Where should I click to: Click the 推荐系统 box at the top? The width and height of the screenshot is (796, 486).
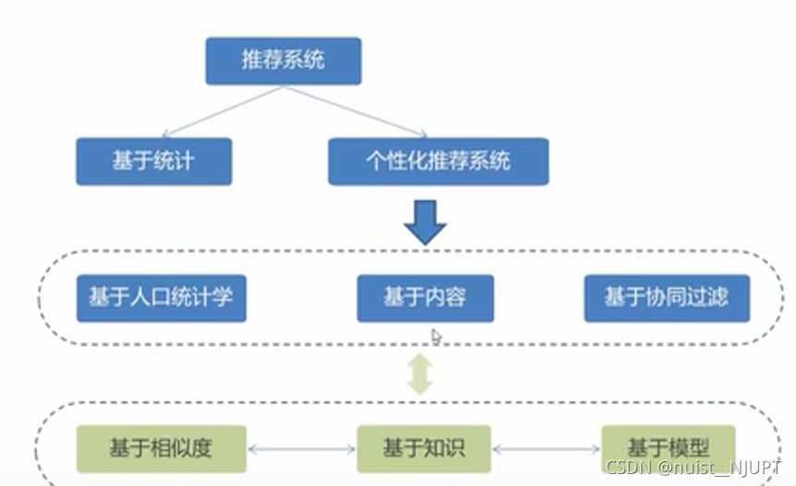[283, 61]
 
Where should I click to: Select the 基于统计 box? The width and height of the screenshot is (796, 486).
[153, 161]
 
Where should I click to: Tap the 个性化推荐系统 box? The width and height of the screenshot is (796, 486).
[438, 161]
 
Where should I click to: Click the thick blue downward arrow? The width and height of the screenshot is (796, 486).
[426, 221]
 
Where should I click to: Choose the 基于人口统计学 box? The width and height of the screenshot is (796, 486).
[161, 298]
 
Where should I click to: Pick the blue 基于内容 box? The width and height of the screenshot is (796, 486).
[424, 298]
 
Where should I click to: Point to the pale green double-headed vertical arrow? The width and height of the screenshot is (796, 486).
[421, 375]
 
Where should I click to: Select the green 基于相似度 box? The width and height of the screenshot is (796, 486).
[162, 448]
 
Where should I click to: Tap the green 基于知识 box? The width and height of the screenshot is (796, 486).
[424, 449]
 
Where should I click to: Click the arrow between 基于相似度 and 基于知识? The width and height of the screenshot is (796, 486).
[301, 450]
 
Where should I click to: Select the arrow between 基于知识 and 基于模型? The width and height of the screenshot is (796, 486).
[546, 450]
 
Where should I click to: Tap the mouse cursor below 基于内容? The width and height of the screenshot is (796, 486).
[437, 337]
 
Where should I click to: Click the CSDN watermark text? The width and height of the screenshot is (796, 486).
[629, 468]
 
